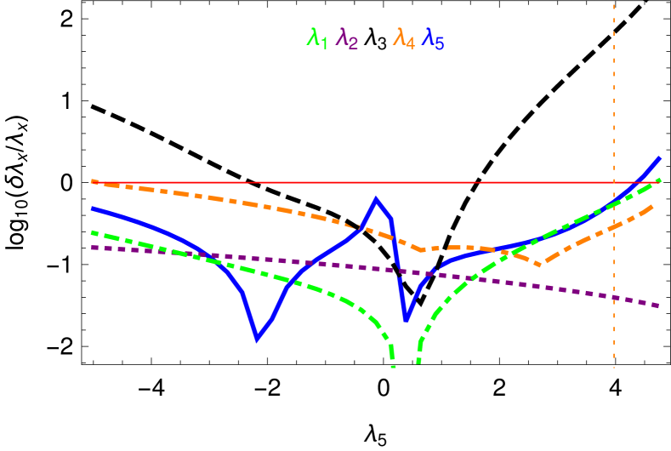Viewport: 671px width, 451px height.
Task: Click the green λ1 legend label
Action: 317,38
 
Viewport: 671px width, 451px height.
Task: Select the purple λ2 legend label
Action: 347,38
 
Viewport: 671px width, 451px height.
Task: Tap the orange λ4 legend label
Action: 403,38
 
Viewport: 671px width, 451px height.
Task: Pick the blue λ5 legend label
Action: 433,38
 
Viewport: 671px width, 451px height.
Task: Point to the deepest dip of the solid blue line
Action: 257,340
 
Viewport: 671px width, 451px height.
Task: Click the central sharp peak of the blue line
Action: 376,199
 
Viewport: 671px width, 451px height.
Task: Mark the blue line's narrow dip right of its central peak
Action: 407,321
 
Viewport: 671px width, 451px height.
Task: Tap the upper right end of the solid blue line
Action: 660,157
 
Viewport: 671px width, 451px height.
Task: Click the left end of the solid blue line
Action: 92,208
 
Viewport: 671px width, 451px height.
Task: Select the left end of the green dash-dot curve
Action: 92,231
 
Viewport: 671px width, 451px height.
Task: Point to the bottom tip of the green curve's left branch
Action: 393,366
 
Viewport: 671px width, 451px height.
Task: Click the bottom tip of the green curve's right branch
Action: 418,363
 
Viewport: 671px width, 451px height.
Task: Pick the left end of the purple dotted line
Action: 92,247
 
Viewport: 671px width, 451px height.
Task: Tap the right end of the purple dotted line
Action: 660,305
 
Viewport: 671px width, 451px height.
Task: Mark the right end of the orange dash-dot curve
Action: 653,206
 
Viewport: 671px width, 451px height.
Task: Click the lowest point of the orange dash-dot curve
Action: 542,265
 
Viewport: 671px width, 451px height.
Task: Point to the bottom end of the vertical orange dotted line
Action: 613,367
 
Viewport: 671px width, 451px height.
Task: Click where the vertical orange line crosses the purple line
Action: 613,296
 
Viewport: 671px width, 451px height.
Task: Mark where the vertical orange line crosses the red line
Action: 613,182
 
